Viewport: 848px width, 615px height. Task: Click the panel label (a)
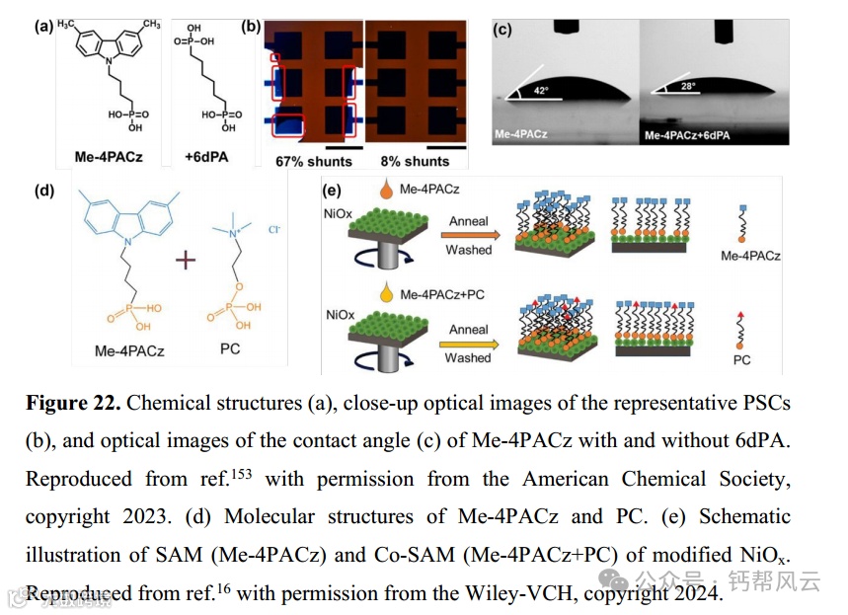pyautogui.click(x=42, y=27)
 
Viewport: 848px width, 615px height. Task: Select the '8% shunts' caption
pyautogui.click(x=415, y=161)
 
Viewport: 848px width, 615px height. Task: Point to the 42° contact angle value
pyautogui.click(x=541, y=90)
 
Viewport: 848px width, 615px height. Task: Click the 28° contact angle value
pyautogui.click(x=684, y=87)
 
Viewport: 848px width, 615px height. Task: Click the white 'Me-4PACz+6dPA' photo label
pyautogui.click(x=694, y=131)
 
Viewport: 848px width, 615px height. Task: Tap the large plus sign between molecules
pyautogui.click(x=185, y=262)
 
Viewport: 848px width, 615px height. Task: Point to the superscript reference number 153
pyautogui.click(x=242, y=473)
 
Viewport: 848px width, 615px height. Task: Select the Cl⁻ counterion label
pyautogui.click(x=274, y=230)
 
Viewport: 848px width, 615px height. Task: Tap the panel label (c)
pyautogui.click(x=502, y=29)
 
